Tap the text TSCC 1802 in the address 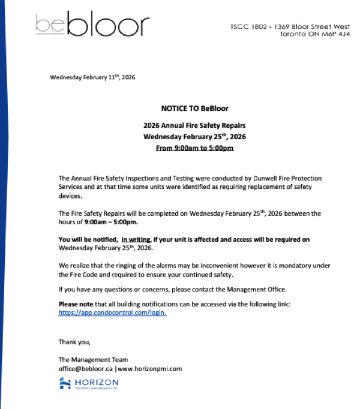tap(250, 27)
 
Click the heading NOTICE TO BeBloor tap(194, 109)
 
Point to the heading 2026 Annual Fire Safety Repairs tap(194, 125)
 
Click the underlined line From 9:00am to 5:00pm tap(194, 148)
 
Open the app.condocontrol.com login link tap(112, 312)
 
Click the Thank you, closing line tap(74, 342)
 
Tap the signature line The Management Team tap(93, 360)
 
